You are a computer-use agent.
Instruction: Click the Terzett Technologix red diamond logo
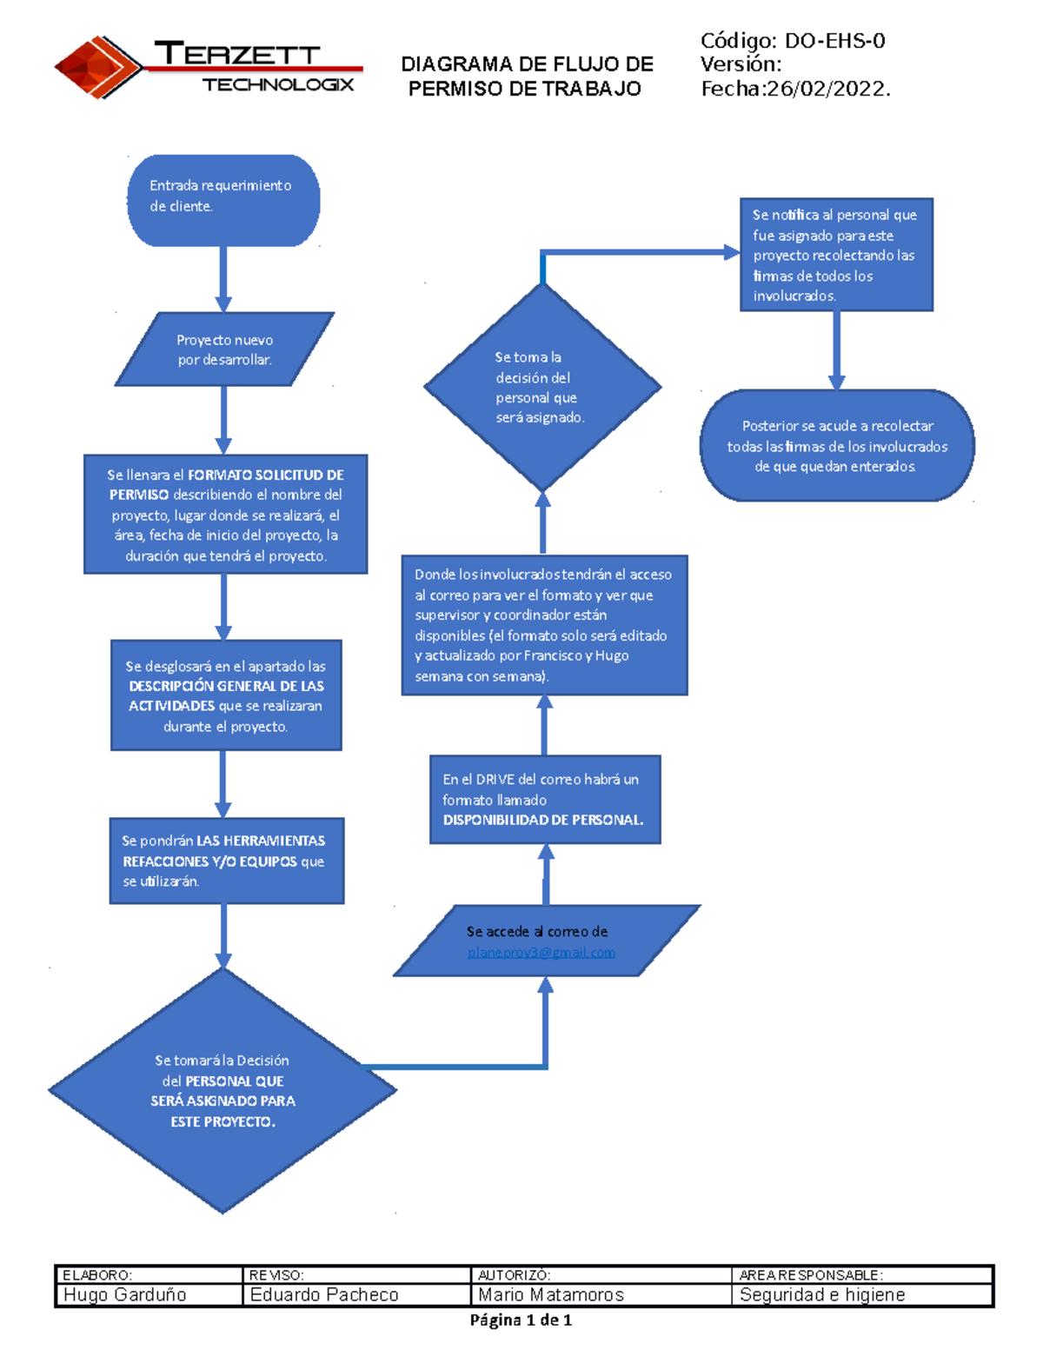click(x=98, y=67)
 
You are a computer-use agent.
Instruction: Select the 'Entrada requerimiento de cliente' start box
click(x=223, y=200)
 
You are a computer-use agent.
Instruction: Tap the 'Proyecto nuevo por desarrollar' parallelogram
click(x=224, y=349)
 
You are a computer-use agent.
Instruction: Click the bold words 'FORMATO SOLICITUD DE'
click(x=266, y=475)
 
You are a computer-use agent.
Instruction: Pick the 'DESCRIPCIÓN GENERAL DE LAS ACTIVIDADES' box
click(x=226, y=695)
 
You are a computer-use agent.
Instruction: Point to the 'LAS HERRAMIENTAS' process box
click(x=226, y=861)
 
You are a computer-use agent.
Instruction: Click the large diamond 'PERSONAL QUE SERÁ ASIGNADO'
click(x=223, y=1091)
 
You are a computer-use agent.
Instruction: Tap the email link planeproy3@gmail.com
click(x=541, y=953)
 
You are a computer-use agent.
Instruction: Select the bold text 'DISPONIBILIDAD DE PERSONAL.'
click(x=543, y=820)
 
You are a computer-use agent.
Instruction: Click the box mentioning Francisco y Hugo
click(x=544, y=625)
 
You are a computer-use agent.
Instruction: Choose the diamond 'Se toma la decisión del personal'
click(x=542, y=387)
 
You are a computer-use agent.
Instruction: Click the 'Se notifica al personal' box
click(x=836, y=255)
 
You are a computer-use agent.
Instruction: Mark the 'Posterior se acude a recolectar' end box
click(x=837, y=446)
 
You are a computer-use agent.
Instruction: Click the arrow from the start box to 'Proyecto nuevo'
click(x=223, y=278)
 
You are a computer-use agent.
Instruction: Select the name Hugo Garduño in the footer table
click(x=125, y=1294)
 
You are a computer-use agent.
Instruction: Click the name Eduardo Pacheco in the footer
click(x=324, y=1294)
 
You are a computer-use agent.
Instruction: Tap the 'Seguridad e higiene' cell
click(x=822, y=1294)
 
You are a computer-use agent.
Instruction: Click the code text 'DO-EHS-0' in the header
click(x=834, y=41)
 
